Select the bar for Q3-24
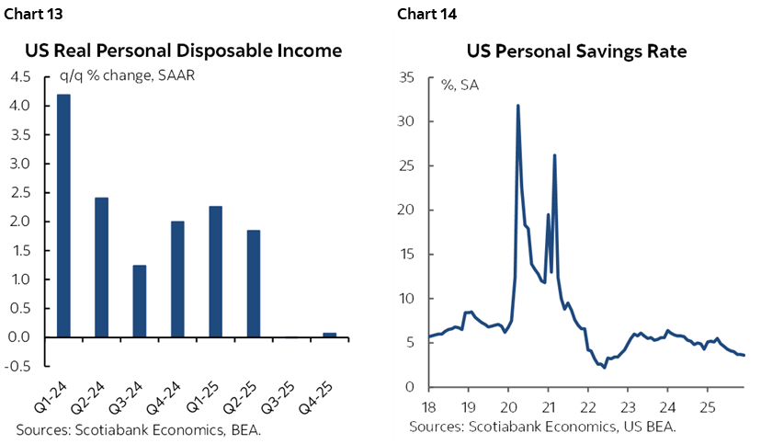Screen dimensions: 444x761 click(139, 301)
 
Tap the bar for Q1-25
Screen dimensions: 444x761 click(216, 271)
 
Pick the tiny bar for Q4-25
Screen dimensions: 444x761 click(329, 335)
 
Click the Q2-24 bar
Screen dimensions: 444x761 click(101, 267)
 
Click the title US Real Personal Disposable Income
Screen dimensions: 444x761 click(183, 51)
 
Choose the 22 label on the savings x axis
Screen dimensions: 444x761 click(586, 405)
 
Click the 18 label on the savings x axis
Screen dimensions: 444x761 click(428, 405)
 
